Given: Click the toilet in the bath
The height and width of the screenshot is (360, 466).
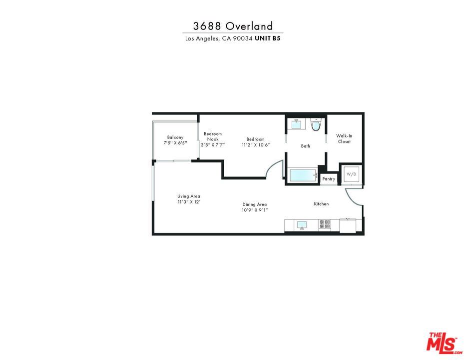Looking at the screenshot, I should point(315,125).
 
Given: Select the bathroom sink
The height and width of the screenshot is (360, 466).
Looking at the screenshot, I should point(297,124).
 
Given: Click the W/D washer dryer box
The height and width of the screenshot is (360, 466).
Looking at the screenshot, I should point(351,173).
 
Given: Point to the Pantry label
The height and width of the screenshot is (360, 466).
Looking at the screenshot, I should point(329,179).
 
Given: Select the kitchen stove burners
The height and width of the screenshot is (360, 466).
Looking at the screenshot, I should point(325,224).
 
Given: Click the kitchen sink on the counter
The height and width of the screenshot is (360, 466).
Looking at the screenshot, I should point(301,224).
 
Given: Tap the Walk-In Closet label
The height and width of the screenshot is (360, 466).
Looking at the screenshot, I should point(343,138).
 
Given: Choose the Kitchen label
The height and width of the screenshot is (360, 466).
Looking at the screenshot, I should point(321,204).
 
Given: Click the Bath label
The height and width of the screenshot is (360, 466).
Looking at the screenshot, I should point(305,146).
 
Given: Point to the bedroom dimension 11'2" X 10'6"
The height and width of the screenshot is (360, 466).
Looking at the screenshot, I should point(255,145).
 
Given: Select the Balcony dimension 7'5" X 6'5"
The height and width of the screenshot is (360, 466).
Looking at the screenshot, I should point(175,143).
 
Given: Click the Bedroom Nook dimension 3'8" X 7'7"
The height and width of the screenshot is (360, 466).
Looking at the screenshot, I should point(213,145).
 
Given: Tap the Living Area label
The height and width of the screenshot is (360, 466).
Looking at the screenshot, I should point(188,196).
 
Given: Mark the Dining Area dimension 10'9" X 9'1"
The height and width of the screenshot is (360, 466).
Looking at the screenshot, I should point(255,210).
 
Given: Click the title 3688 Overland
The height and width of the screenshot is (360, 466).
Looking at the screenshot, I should point(233,26).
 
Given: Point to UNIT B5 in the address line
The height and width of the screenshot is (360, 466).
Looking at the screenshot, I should point(267,38).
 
